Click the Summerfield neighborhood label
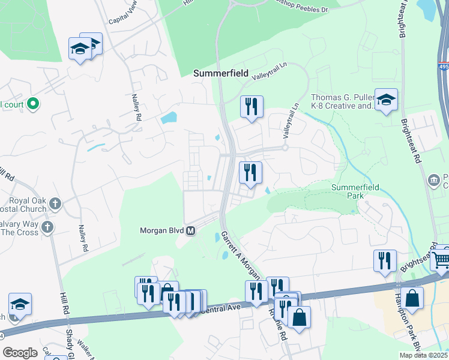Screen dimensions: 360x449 [220, 73]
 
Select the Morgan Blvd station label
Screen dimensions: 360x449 [162, 230]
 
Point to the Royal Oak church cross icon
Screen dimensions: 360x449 [55, 203]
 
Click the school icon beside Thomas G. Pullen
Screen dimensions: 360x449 [386, 99]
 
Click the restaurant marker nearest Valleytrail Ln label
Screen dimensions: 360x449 [252, 107]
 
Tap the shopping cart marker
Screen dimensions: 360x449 [441, 259]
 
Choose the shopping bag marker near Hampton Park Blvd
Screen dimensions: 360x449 [412, 298]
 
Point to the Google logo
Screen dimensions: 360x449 [20, 353]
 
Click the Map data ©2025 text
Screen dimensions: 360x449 [423, 355]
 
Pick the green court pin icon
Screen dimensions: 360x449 [34, 104]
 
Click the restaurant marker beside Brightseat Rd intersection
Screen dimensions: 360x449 [385, 260]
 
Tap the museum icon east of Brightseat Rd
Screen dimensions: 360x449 [433, 180]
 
